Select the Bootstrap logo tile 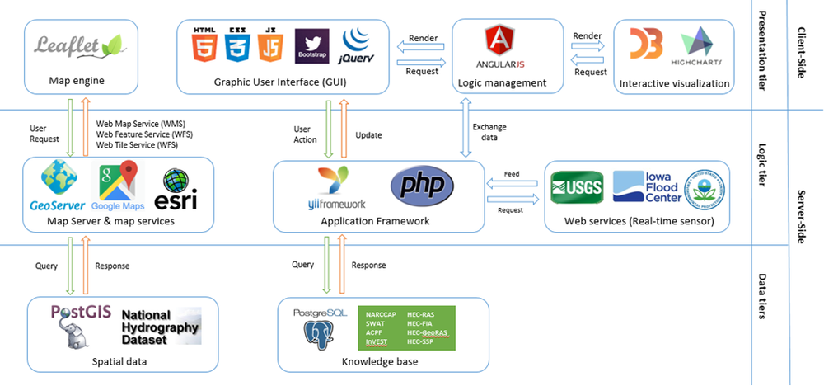tap(311, 46)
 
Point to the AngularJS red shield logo tap(498, 39)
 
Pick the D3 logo tap(646, 44)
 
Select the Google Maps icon tap(117, 187)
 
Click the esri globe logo tap(176, 189)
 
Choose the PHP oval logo tap(423, 187)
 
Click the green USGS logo tap(578, 189)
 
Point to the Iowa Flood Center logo tap(646, 187)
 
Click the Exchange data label tap(490, 131)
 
